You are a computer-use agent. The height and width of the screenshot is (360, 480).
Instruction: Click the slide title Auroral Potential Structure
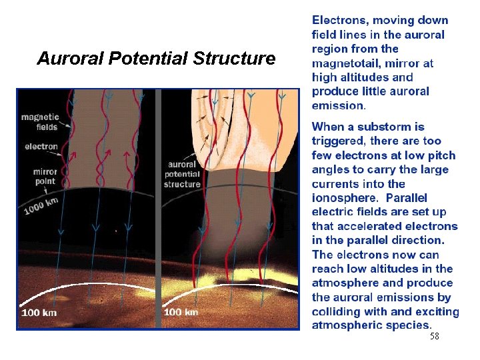tap(156, 59)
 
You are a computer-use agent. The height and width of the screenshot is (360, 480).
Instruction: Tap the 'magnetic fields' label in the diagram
tap(40, 122)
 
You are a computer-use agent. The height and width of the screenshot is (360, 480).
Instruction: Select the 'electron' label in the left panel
tap(41, 147)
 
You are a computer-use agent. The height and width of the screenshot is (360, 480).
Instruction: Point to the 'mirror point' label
tap(45, 176)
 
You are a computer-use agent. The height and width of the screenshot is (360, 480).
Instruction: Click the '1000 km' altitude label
tap(41, 205)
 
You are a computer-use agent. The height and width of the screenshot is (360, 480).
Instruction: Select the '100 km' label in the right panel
tap(181, 312)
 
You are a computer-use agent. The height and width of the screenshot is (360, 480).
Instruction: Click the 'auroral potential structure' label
tap(182, 174)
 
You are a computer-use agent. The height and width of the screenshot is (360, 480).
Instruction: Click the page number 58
tap(434, 337)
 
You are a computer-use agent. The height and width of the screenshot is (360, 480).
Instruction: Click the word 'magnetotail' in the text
tap(346, 63)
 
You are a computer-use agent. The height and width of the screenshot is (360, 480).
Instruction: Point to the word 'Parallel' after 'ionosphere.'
tap(407, 198)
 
